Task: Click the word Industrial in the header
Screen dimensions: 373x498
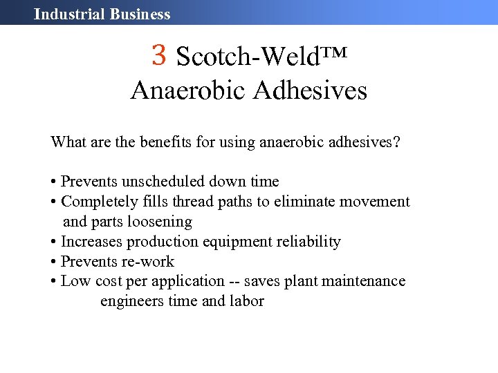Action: pos(65,14)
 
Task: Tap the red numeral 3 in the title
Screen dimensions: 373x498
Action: pos(160,55)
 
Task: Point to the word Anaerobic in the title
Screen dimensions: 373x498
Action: pos(187,90)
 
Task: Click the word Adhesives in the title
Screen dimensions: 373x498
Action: pos(309,90)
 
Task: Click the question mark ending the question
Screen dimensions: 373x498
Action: pos(396,143)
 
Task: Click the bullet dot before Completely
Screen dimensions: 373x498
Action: pos(53,202)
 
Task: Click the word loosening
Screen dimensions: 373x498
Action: pos(160,222)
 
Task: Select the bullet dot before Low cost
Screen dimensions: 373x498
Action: pos(53,282)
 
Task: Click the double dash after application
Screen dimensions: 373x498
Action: pos(234,281)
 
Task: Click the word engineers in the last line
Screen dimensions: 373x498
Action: pos(131,301)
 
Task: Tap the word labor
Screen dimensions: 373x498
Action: pos(246,301)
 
